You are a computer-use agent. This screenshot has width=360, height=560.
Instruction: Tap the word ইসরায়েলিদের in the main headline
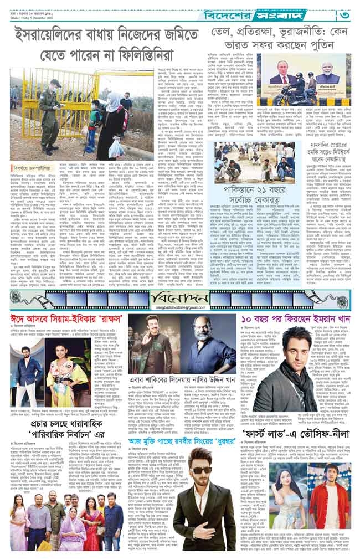tap(58, 37)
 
